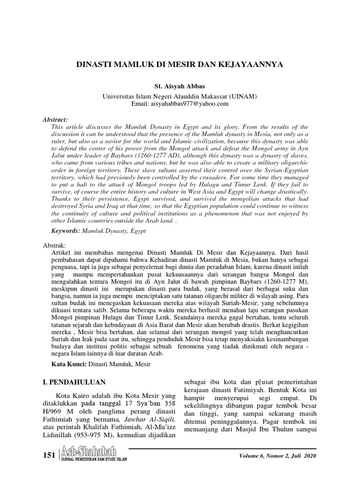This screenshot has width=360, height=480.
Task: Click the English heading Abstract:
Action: [x=55, y=120]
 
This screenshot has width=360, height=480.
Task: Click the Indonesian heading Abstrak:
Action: [x=55, y=246]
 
